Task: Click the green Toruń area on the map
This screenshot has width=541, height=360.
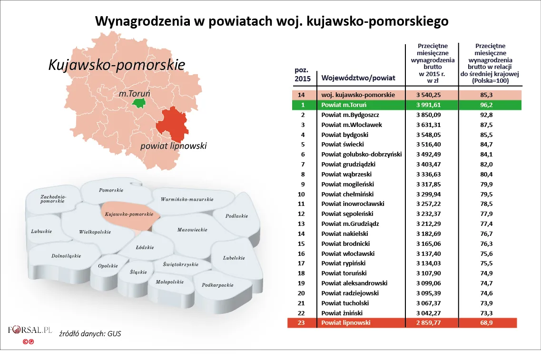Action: [139, 103]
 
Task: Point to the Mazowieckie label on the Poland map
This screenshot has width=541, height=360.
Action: [192, 230]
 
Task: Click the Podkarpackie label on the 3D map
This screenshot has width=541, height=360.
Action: [217, 285]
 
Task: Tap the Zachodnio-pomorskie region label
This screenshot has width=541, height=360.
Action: [53, 199]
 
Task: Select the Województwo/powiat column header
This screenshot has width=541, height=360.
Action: [358, 78]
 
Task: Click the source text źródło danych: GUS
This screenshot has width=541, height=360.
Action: [90, 333]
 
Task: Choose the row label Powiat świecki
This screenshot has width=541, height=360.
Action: [343, 145]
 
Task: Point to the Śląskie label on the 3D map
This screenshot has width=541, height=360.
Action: [138, 272]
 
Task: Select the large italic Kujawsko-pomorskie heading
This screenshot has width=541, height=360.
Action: [117, 65]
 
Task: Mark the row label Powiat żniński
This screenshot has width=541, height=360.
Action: [342, 313]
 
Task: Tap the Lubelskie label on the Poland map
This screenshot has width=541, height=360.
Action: [234, 258]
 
